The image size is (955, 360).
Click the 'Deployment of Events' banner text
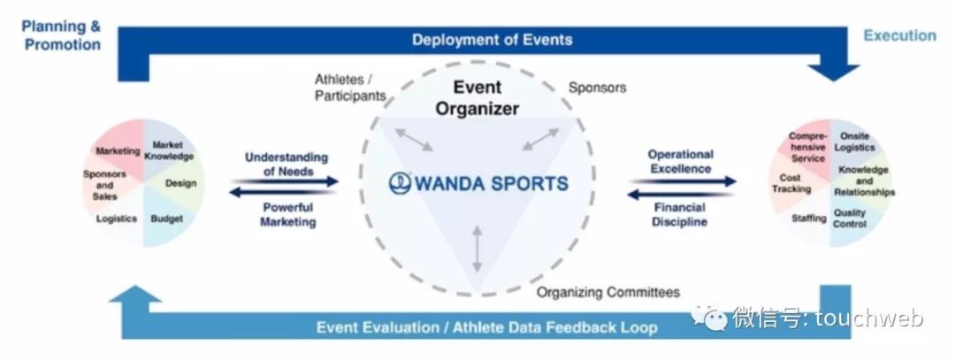492,40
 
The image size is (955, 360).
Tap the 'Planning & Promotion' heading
61,34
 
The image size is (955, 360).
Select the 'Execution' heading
899,35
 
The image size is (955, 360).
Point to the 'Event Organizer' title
477,97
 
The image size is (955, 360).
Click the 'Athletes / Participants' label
350,88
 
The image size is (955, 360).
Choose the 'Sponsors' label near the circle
597,88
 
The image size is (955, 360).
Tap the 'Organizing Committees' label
608,292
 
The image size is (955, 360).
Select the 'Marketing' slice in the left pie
118,151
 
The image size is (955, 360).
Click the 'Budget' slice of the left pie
167,218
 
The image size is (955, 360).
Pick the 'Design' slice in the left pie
180,184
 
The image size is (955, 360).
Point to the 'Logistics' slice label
117,218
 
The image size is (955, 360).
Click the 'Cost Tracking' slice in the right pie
791,184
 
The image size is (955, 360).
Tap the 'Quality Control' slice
850,218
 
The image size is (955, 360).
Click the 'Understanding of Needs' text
286,164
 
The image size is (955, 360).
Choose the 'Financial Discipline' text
680,215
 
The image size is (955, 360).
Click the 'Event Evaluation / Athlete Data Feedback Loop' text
486,327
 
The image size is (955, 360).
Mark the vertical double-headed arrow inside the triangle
477,249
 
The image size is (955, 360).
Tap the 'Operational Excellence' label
679,161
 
